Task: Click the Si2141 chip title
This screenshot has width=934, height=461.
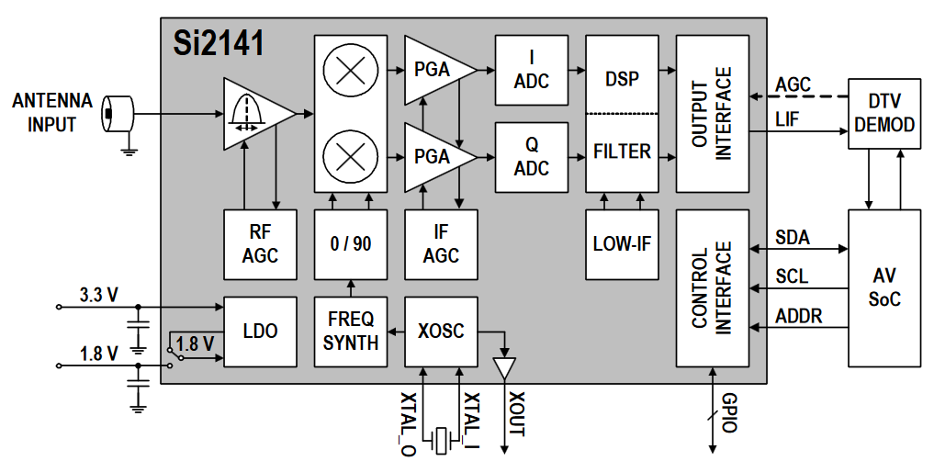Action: [x=218, y=43]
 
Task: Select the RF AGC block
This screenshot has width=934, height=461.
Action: [x=260, y=244]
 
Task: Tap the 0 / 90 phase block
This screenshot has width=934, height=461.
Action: [x=351, y=244]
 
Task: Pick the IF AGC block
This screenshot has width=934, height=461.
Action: [x=441, y=244]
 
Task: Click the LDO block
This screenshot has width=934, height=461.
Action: [x=260, y=332]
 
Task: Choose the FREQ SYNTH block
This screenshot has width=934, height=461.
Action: [x=351, y=332]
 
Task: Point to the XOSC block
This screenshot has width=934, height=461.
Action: [x=441, y=332]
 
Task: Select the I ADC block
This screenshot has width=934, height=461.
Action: [x=532, y=71]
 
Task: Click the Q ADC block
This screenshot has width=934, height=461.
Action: [x=532, y=157]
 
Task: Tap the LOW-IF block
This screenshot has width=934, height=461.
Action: [x=622, y=244]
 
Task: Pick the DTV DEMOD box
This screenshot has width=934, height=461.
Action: [x=884, y=113]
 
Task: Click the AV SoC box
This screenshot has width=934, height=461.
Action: [x=884, y=287]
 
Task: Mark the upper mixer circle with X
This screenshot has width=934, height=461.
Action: [x=350, y=71]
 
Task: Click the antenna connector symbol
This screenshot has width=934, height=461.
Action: [x=118, y=113]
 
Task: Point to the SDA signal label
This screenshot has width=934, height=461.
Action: [x=793, y=238]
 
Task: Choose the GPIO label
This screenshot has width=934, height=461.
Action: [x=730, y=412]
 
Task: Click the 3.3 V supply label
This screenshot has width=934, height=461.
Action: [x=98, y=295]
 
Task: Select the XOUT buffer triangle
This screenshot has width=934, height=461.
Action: [x=504, y=368]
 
